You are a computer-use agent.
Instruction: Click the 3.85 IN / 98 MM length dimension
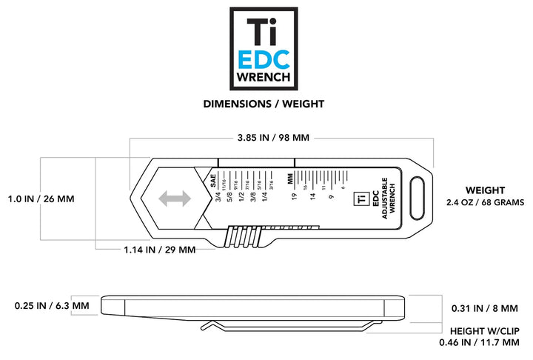point(272,138)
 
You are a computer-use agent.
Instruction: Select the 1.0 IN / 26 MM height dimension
point(41,199)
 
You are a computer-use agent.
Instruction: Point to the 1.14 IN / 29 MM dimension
point(159,250)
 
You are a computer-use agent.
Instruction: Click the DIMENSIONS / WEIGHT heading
point(264,104)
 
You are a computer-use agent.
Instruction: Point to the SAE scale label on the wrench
point(213,176)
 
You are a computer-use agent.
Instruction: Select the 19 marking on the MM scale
point(294,196)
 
